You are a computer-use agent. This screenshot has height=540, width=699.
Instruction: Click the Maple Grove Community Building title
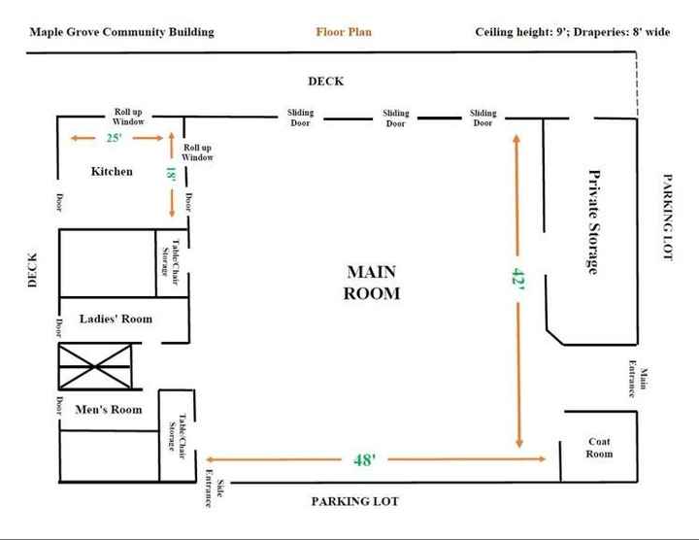[x=121, y=32]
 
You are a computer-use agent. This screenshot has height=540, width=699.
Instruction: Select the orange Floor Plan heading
[x=344, y=32]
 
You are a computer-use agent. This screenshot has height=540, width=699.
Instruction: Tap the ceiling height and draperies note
[x=572, y=32]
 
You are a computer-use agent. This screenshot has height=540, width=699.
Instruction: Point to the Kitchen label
[x=112, y=172]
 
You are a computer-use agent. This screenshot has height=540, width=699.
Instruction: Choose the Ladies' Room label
[x=116, y=319]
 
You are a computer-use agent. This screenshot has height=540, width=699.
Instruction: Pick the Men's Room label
[x=108, y=410]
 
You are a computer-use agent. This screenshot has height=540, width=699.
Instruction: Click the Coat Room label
[x=600, y=448]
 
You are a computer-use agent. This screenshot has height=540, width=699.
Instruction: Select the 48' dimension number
[x=365, y=459]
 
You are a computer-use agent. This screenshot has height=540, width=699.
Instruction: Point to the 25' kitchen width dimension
[x=115, y=139]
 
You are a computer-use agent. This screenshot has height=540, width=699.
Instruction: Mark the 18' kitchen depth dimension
[x=171, y=175]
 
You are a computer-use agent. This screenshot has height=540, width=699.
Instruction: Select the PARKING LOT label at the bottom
[x=355, y=502]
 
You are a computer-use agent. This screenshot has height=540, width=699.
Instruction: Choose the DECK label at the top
[x=326, y=82]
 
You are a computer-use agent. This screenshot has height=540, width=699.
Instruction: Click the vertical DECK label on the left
[x=32, y=270]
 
